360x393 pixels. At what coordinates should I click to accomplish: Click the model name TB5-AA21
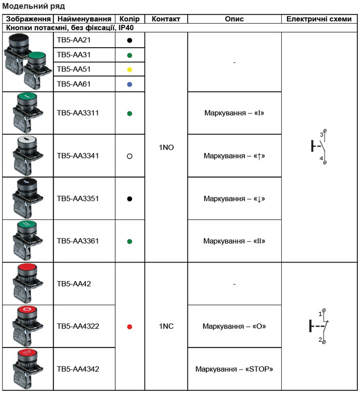(74, 40)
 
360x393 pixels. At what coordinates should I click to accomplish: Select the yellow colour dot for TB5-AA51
(129, 70)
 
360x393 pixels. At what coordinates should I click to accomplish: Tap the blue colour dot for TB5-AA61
(129, 84)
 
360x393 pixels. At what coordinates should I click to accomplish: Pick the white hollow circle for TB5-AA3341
(129, 156)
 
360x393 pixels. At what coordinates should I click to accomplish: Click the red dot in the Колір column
(129, 327)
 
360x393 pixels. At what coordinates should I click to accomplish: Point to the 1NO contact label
(166, 147)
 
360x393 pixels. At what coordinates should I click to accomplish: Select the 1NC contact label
(166, 326)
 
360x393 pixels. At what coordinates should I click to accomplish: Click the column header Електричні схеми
(319, 19)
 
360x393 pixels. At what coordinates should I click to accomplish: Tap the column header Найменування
(84, 19)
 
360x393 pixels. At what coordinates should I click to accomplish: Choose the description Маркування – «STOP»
(234, 369)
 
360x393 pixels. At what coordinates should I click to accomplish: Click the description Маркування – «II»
(234, 241)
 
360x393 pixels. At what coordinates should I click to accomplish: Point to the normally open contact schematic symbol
(319, 147)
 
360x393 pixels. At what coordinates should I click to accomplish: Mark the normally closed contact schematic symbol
(319, 326)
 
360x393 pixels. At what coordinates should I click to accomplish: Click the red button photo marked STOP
(28, 369)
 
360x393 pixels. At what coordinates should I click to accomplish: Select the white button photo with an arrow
(28, 156)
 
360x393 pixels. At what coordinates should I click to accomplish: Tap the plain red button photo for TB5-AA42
(28, 283)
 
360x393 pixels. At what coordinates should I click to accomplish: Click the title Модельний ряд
(34, 6)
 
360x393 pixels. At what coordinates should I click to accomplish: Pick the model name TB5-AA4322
(78, 326)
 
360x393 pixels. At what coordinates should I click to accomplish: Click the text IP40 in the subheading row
(126, 28)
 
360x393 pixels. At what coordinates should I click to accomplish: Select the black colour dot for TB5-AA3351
(129, 199)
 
